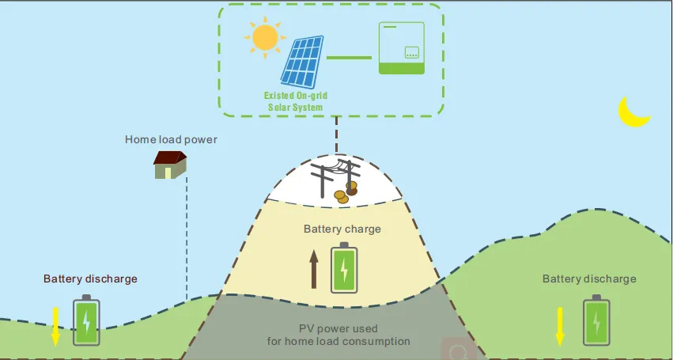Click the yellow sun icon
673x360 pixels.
click(264, 36)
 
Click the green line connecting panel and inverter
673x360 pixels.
click(349, 58)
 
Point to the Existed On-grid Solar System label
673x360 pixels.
click(295, 100)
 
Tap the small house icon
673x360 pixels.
click(170, 165)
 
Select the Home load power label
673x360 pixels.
click(171, 140)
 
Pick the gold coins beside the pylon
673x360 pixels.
click(345, 193)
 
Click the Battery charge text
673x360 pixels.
click(342, 229)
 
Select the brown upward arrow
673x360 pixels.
click(314, 268)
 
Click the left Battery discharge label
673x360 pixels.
click(90, 279)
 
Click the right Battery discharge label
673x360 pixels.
click(589, 279)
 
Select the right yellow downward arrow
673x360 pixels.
click(559, 325)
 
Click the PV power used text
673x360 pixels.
click(338, 328)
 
